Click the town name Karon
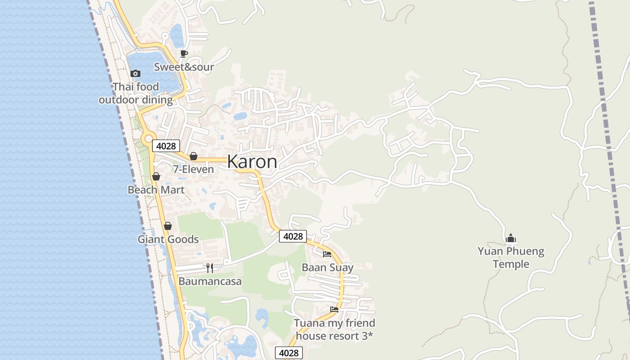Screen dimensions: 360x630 [x=252, y=162]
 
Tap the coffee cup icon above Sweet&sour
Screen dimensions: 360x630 [x=184, y=54]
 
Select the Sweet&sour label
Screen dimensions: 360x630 [x=184, y=67]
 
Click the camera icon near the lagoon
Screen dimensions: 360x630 [x=135, y=73]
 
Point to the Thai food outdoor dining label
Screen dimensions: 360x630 [x=135, y=93]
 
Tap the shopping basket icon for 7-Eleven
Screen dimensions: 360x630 [x=193, y=156]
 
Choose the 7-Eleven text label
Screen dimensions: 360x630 [x=193, y=169]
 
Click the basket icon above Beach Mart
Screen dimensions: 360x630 [x=156, y=176]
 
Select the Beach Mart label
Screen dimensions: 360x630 [x=156, y=189]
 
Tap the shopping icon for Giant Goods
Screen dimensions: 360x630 [x=168, y=226]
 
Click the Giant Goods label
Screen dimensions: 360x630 [x=168, y=239]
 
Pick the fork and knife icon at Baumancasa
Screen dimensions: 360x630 [x=210, y=268]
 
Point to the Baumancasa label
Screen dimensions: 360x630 [x=210, y=281]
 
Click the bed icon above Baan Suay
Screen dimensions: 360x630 [x=327, y=254]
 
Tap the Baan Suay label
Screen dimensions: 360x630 [x=327, y=267]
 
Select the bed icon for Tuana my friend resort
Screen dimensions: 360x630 [x=334, y=310]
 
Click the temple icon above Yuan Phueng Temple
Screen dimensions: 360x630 [x=511, y=238]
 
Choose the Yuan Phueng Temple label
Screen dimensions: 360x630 [x=511, y=257]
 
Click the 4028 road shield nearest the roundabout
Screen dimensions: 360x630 [x=166, y=146]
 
